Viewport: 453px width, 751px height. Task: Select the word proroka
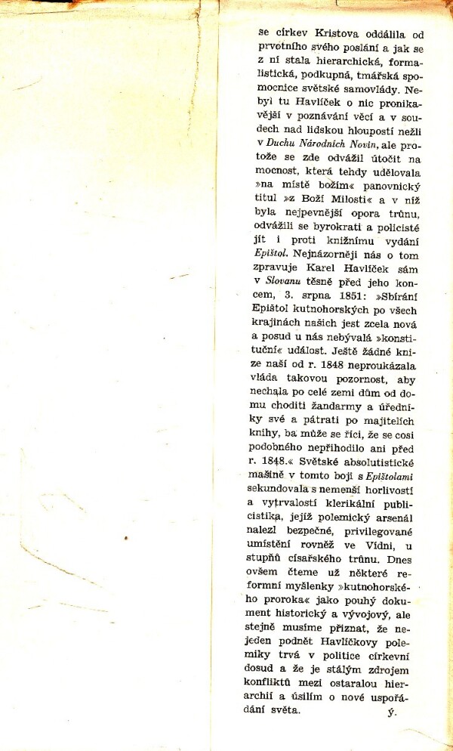tap(277, 591)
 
